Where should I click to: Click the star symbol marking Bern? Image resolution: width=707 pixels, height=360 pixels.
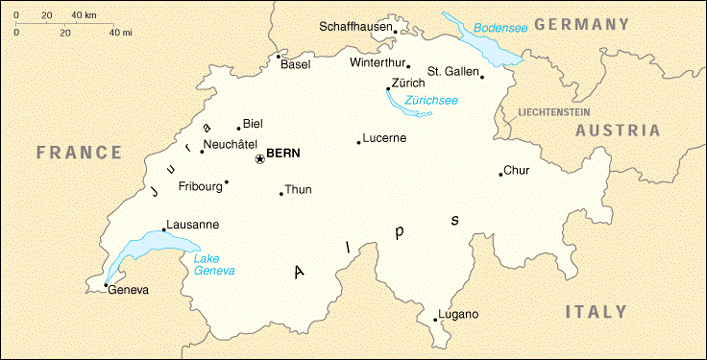pos(260,158)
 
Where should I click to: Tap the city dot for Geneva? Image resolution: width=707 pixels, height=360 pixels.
pos(106,286)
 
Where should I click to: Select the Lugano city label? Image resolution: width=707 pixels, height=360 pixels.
pos(459,315)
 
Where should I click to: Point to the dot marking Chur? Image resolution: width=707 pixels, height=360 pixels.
pos(500,175)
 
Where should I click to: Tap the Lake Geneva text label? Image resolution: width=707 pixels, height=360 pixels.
pos(214,264)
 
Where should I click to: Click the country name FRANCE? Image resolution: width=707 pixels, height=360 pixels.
pos(78,153)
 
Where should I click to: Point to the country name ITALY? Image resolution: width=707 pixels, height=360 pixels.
pos(596,312)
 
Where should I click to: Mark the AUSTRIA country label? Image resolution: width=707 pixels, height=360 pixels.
pos(617,131)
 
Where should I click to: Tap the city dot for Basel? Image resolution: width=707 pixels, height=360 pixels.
pos(278,56)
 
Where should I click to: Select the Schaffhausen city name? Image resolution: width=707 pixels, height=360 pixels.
pos(354,26)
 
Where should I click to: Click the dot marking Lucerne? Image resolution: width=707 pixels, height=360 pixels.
pos(359,142)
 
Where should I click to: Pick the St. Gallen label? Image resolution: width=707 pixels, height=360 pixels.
pos(454,71)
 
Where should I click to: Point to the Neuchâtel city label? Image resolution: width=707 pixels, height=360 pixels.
pos(233,145)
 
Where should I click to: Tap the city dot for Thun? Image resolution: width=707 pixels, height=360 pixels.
pos(281,194)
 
